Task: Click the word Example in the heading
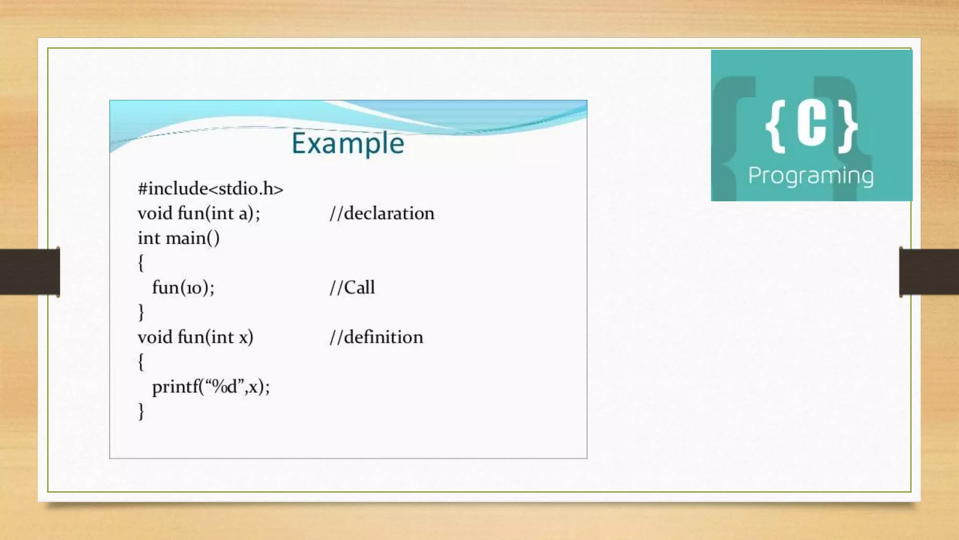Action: point(347,143)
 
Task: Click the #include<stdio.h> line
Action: point(210,189)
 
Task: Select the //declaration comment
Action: point(382,214)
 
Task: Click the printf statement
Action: point(211,387)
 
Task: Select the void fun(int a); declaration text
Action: point(199,214)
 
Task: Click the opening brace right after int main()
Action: point(141,263)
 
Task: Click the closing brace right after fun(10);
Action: point(141,312)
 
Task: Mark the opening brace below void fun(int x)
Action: point(141,362)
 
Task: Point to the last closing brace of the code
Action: point(141,412)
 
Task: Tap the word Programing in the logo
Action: point(811,176)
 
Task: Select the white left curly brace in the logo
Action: point(775,127)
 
